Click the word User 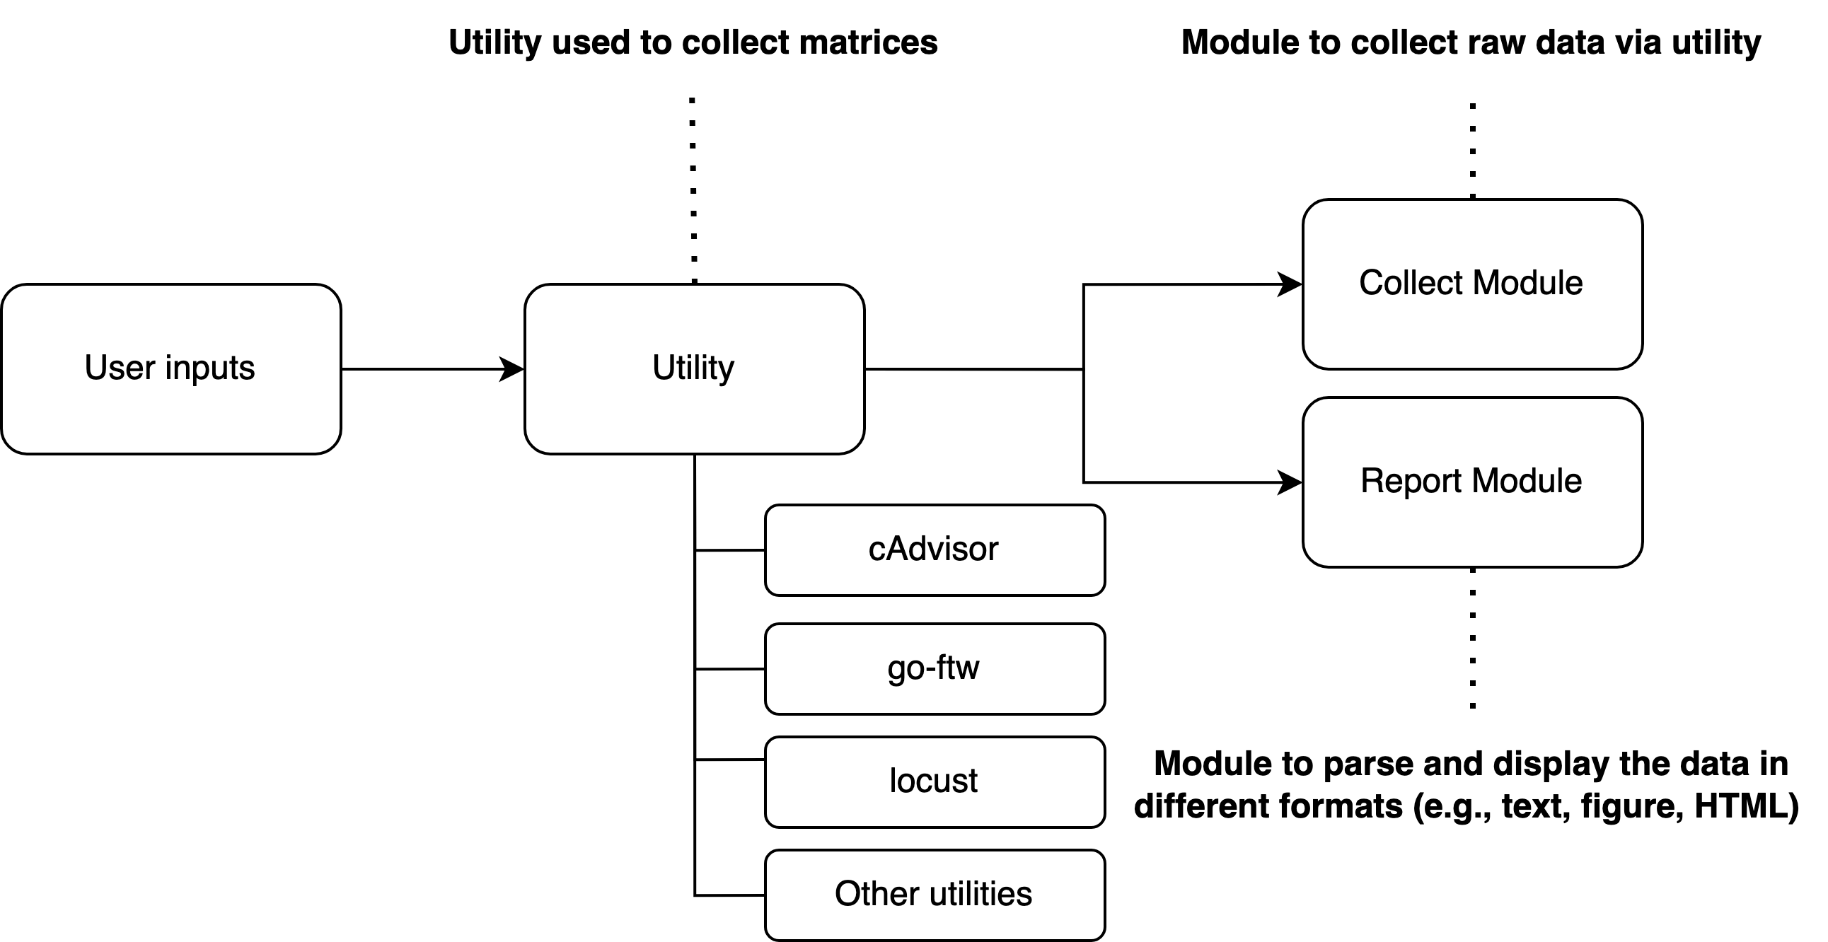tap(120, 368)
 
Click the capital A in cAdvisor tap(893, 549)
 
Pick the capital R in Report tap(1372, 481)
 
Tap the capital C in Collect tap(1372, 282)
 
